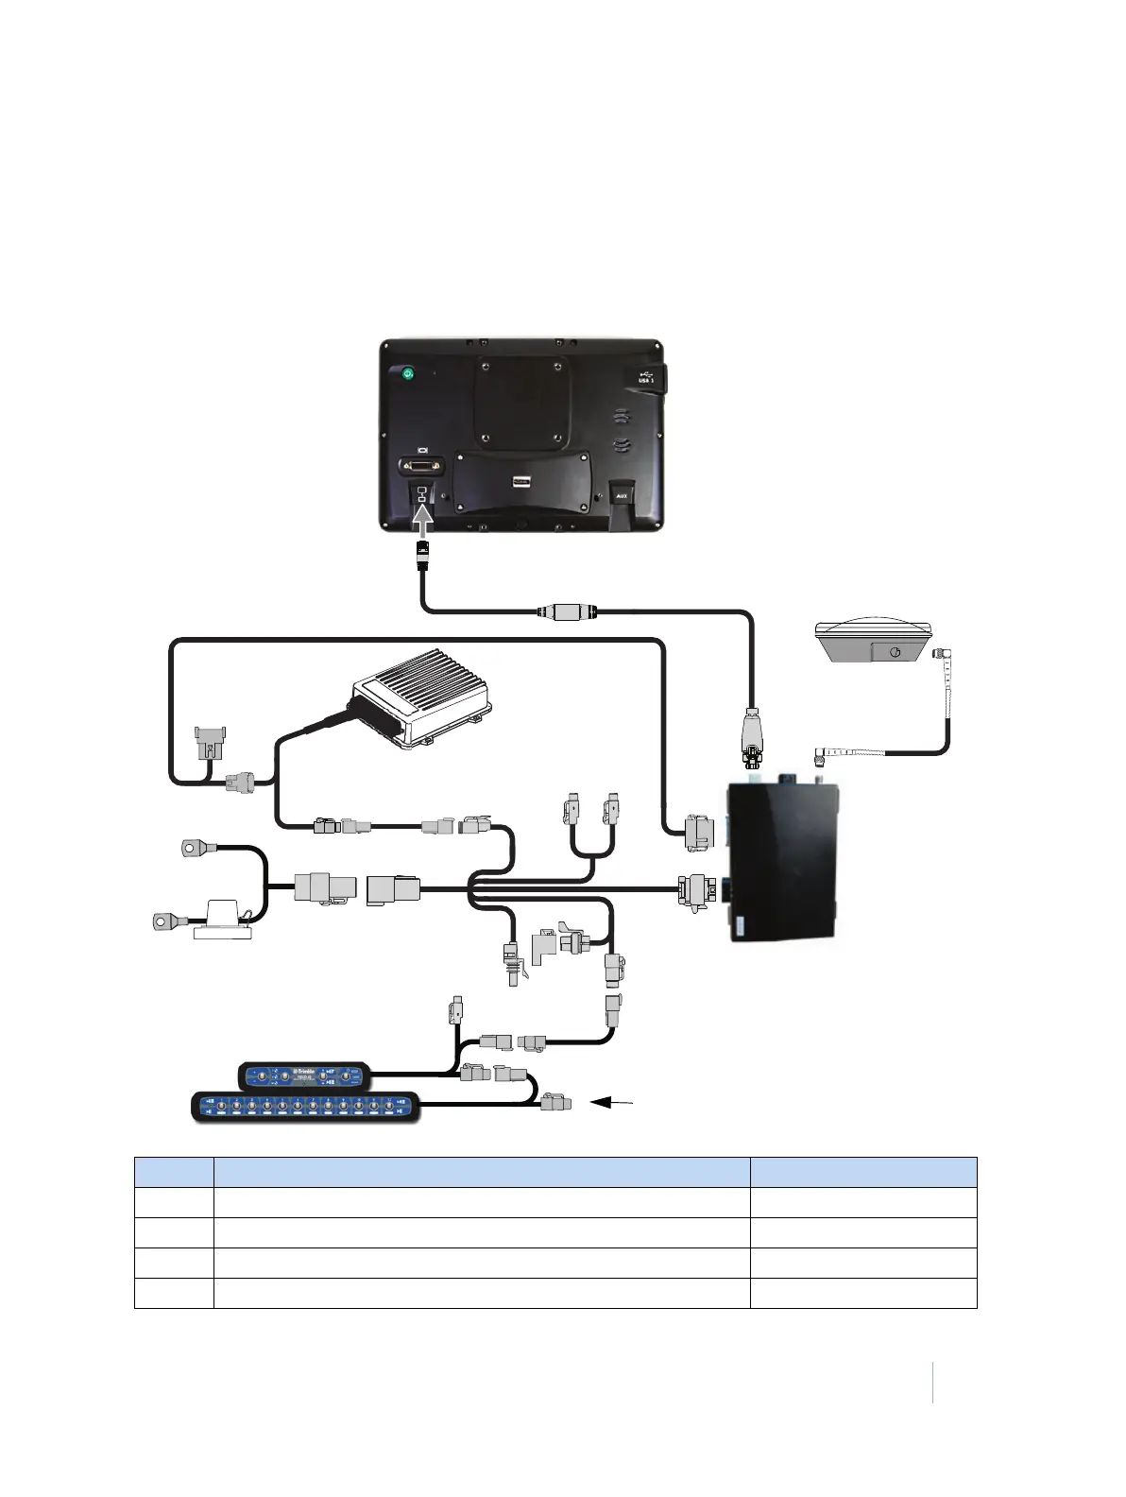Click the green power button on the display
click(x=407, y=374)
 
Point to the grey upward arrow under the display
click(x=424, y=521)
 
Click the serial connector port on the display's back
click(x=421, y=465)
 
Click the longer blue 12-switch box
click(x=305, y=1106)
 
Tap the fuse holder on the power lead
click(x=224, y=919)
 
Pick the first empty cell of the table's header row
click(x=174, y=1172)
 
